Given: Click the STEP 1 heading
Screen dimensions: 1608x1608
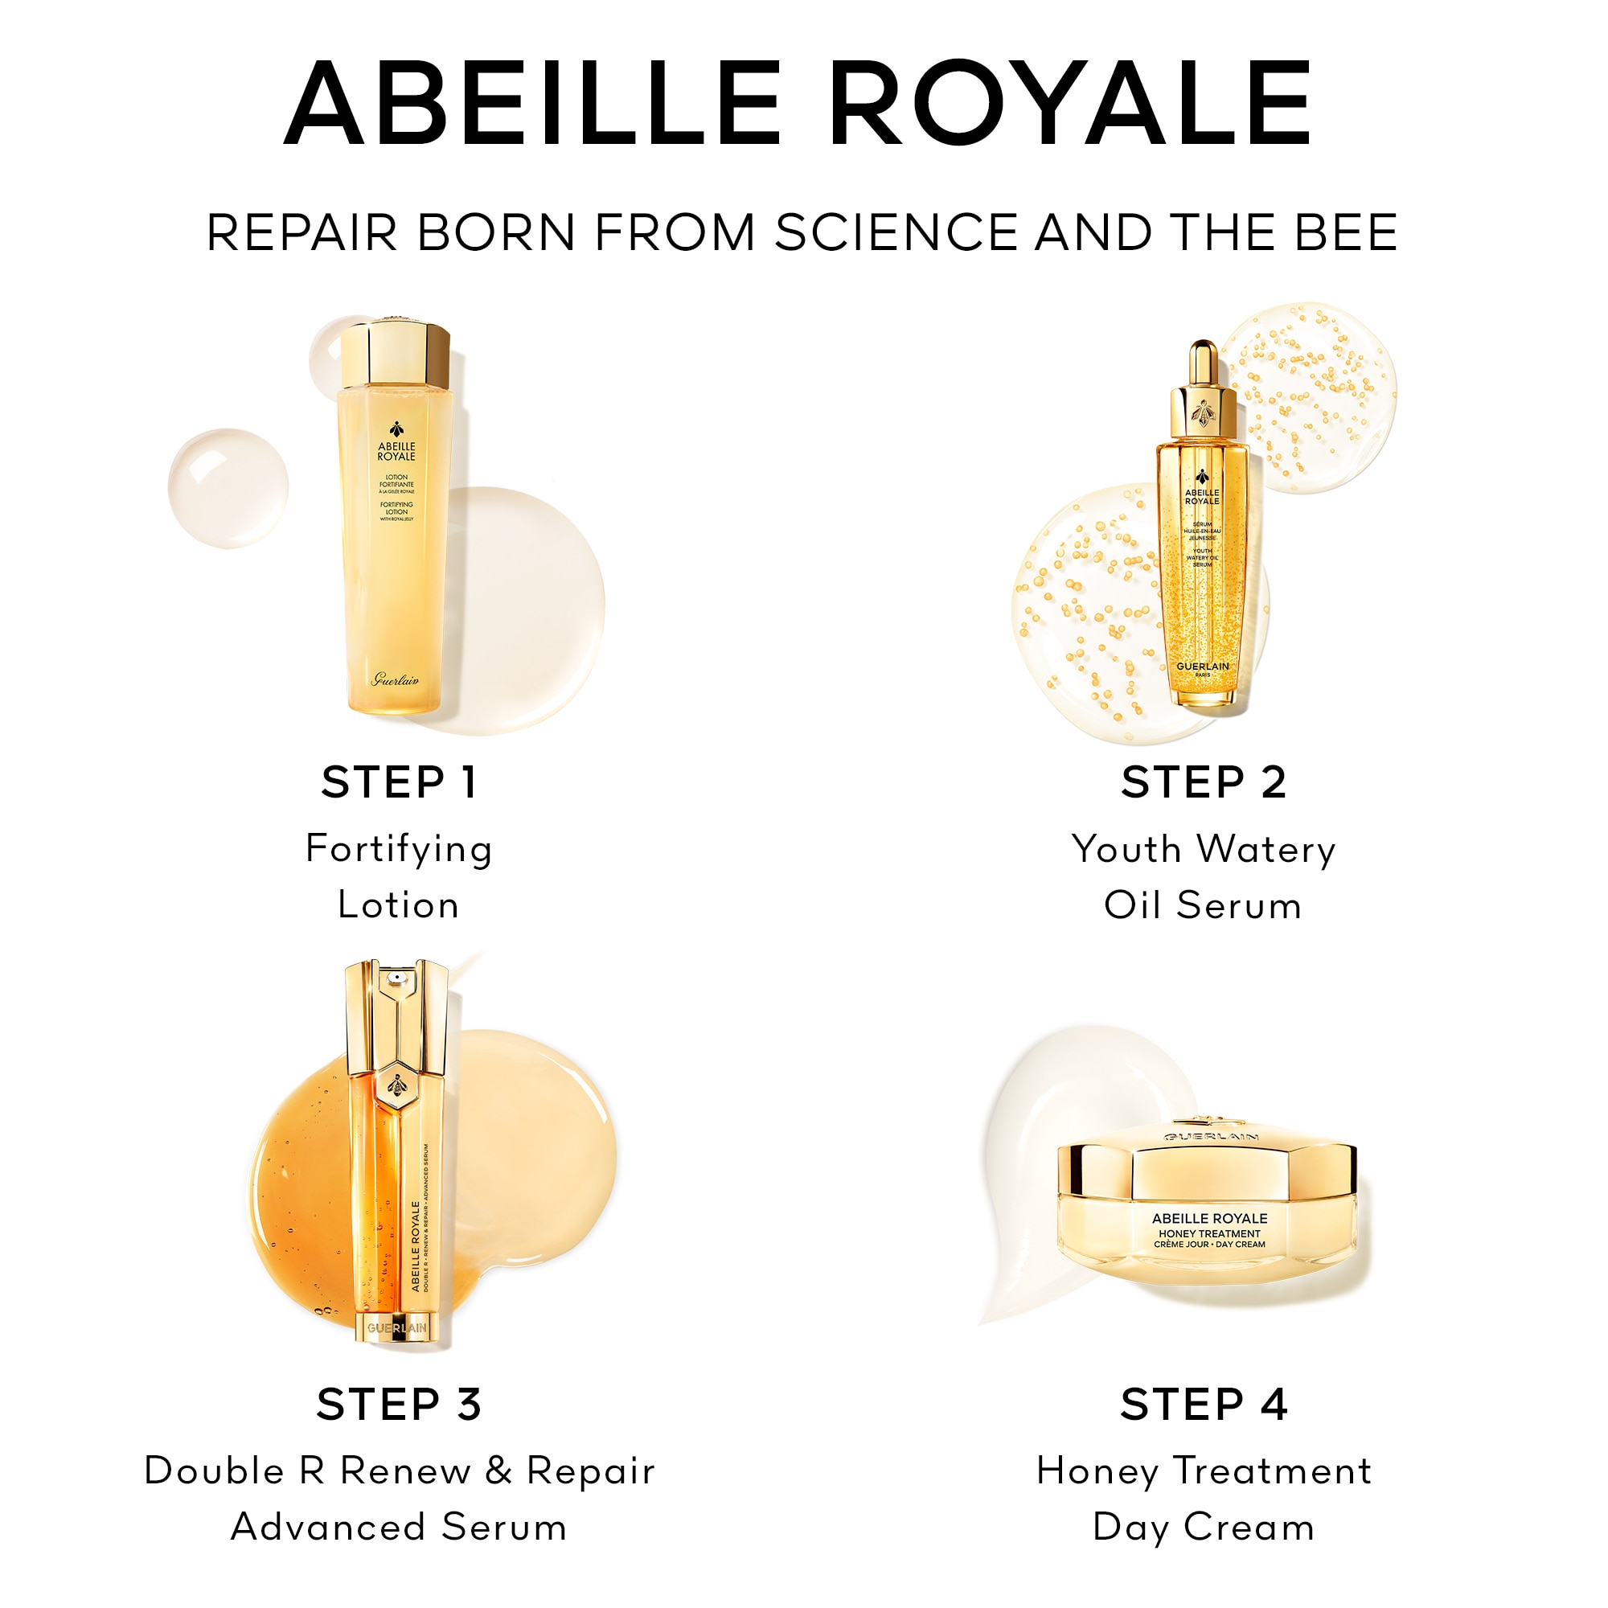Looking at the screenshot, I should [x=399, y=782].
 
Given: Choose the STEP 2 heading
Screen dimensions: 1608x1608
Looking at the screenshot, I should [x=1204, y=782].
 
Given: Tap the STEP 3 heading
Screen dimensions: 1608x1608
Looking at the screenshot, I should [x=399, y=1405].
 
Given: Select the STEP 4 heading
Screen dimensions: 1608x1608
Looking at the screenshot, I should [x=1204, y=1405].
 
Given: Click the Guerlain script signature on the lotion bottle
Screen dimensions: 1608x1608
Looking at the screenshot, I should [x=396, y=680].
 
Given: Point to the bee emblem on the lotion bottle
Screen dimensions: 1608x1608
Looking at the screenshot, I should [x=397, y=429].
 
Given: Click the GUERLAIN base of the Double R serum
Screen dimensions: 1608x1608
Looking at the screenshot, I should [x=398, y=1328].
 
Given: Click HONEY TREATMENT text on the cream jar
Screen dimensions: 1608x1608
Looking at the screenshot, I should [x=1209, y=1233].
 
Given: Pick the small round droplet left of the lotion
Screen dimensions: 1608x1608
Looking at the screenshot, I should [x=228, y=489].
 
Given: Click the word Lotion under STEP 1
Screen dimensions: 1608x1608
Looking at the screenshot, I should [x=399, y=905].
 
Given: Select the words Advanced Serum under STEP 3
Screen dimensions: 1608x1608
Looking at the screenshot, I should [x=399, y=1528].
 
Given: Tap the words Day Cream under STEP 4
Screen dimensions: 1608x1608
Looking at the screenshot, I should [x=1204, y=1528].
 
